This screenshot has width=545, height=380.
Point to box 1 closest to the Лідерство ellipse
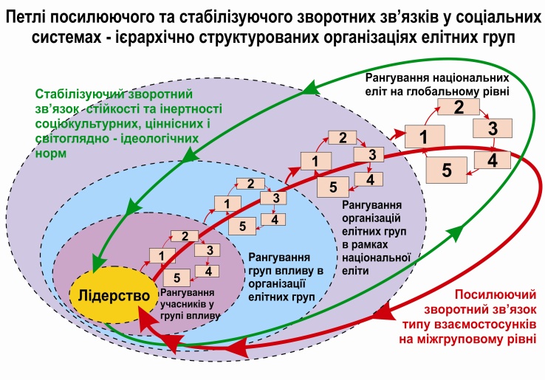click(x=161, y=255)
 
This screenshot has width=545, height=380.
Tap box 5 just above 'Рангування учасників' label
click(x=176, y=278)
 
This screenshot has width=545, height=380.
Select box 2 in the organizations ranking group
click(x=343, y=138)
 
